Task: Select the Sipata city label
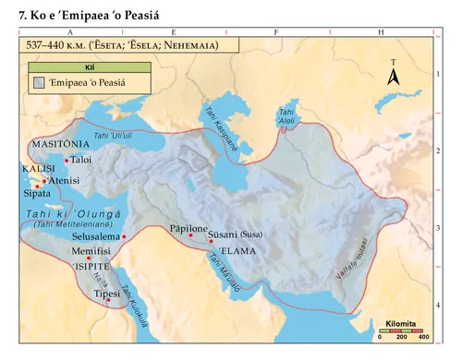click(38, 196)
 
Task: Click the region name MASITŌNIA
click(61, 145)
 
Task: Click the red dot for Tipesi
click(109, 299)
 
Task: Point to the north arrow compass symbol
click(393, 74)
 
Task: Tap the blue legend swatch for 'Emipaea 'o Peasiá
click(40, 83)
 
